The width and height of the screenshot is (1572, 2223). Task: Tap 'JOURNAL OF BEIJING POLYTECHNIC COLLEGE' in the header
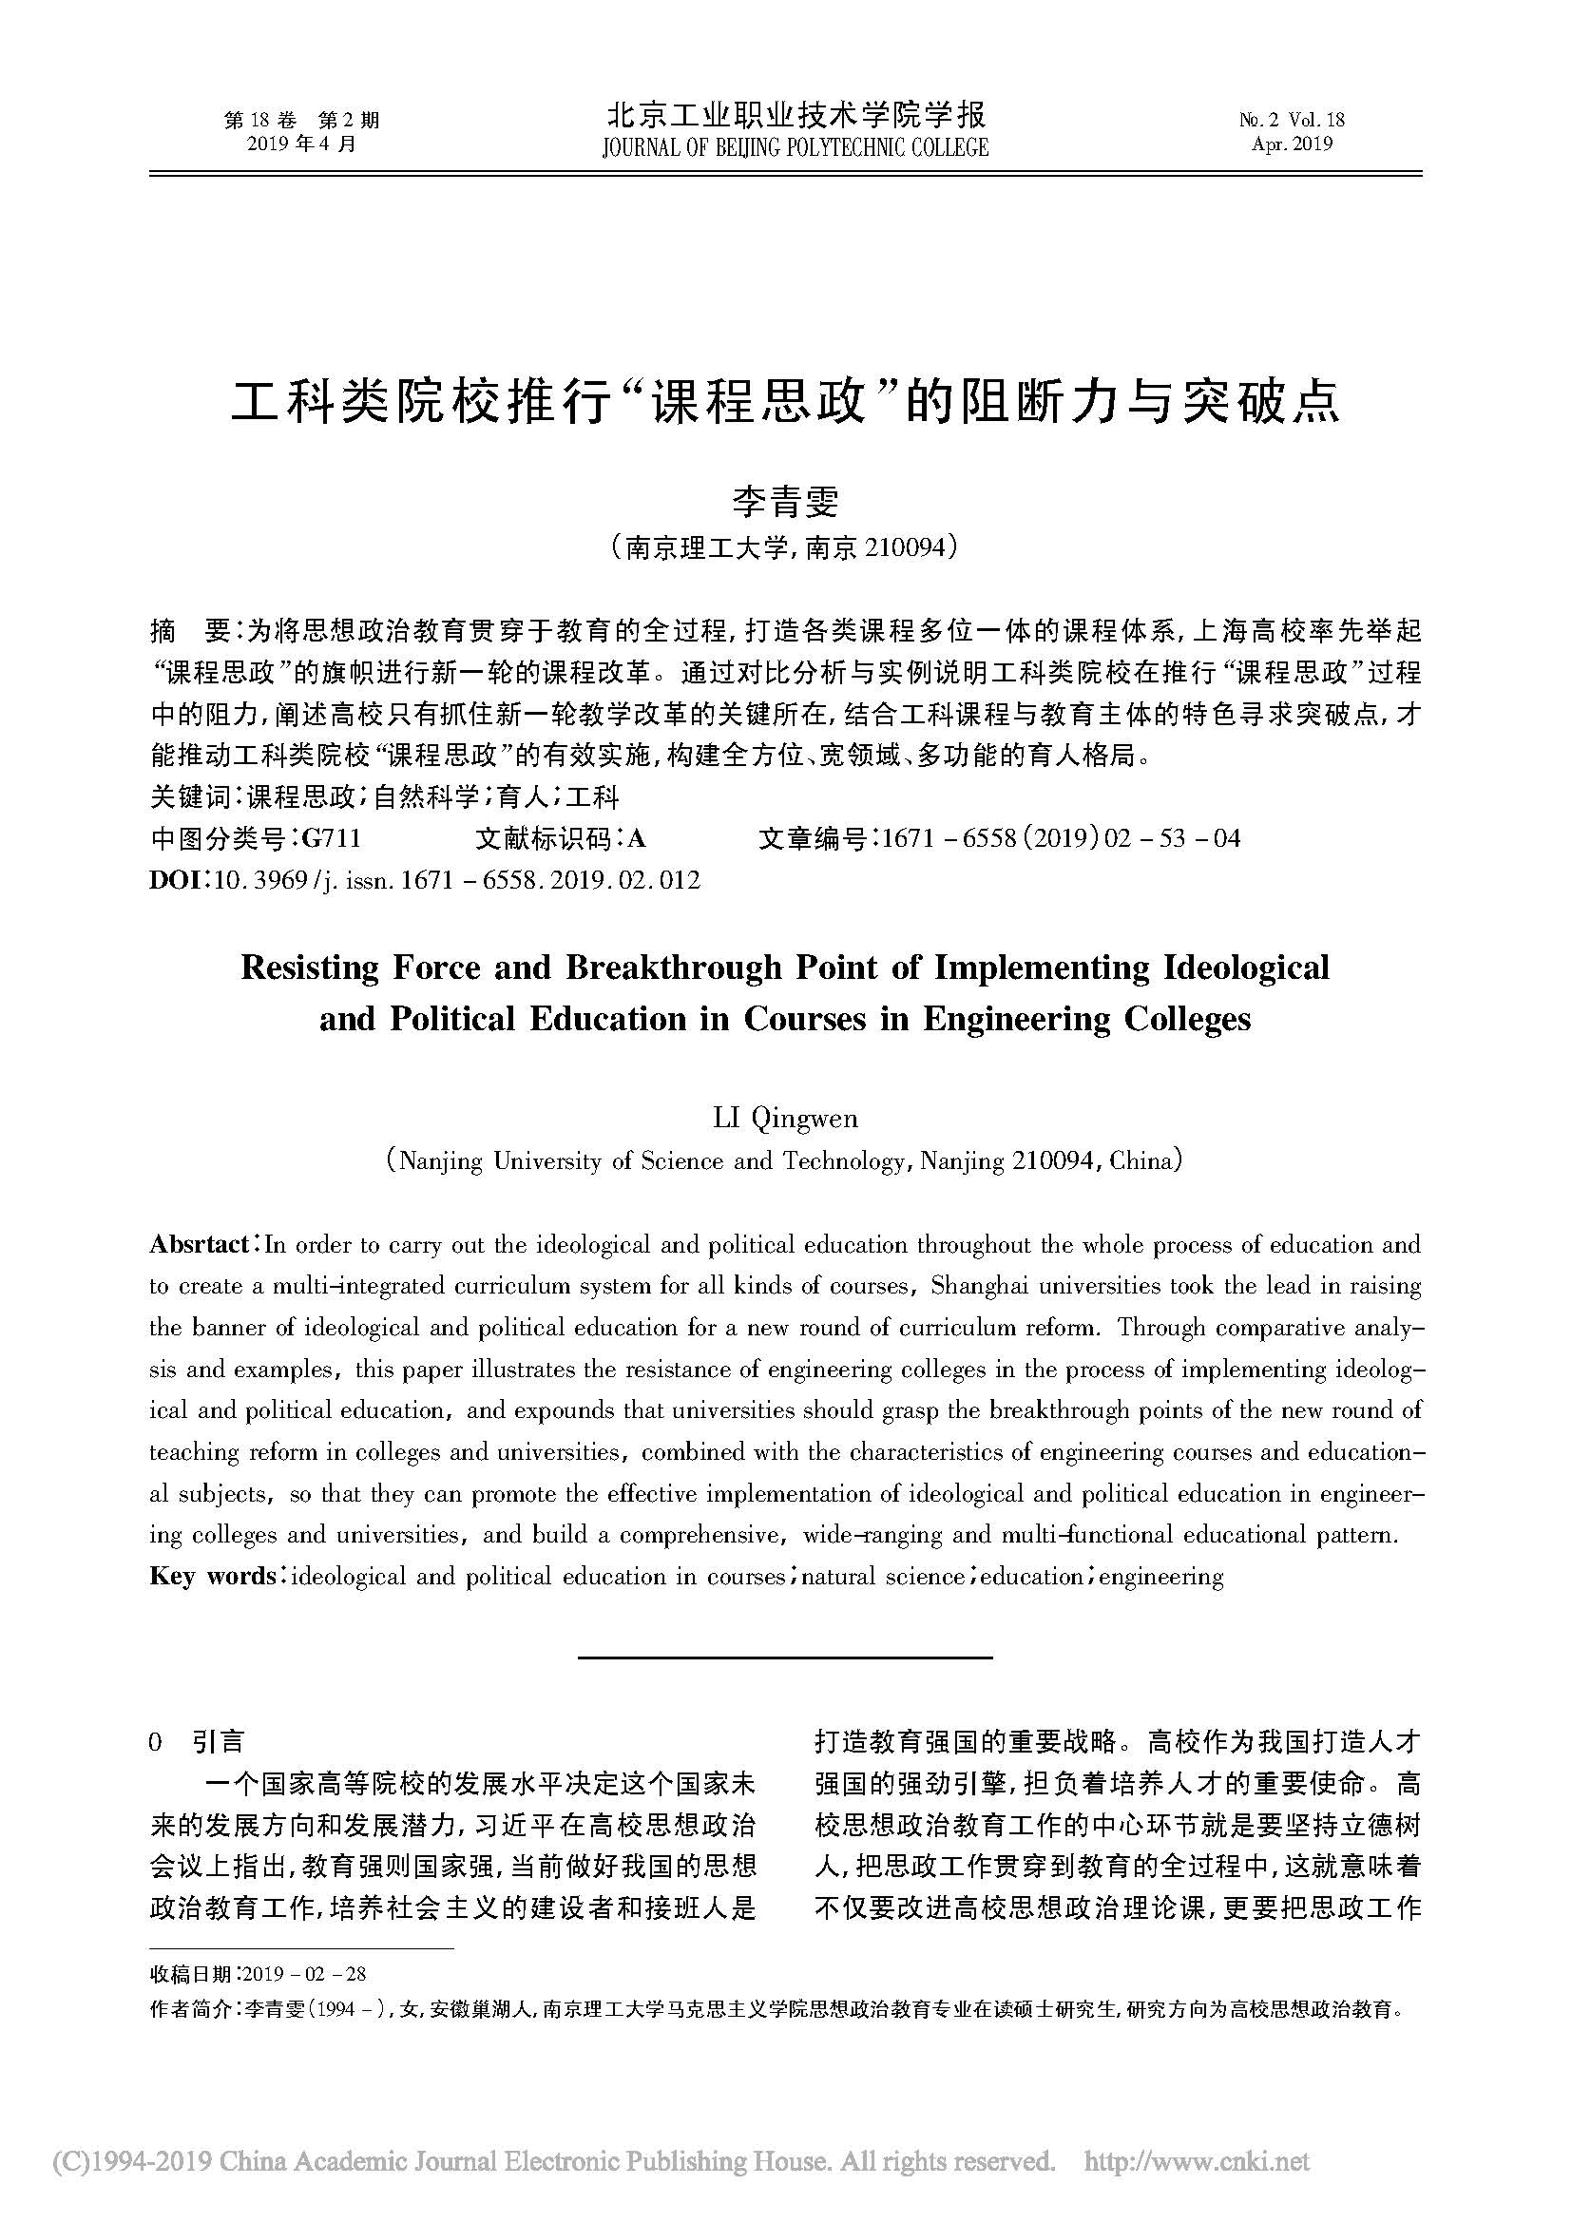(x=795, y=148)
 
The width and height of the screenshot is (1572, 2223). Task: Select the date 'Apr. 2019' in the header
(x=1292, y=144)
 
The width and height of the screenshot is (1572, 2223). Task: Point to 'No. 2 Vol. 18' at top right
(x=1292, y=120)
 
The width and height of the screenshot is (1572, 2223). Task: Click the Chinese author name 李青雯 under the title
(x=785, y=501)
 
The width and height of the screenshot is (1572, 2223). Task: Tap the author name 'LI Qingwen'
(x=785, y=1119)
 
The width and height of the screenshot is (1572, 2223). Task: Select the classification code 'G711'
(x=331, y=838)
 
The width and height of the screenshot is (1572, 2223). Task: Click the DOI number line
(x=425, y=880)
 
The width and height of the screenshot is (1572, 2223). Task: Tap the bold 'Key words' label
(x=212, y=1576)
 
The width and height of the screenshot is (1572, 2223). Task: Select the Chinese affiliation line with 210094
(x=785, y=549)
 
